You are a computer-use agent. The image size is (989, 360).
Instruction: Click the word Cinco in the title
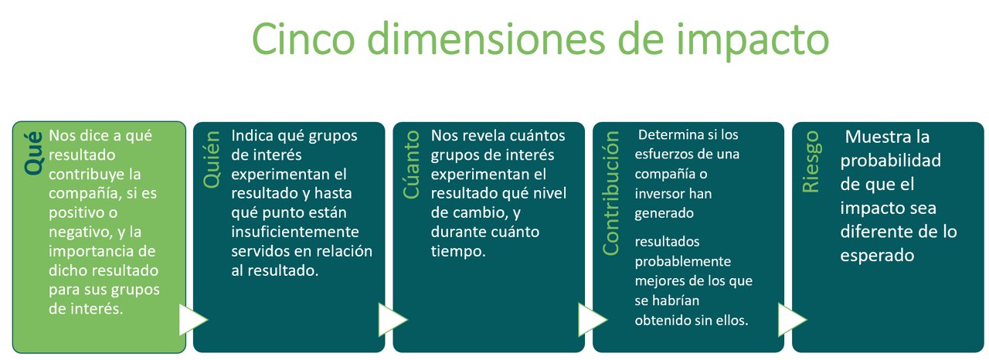tap(304, 39)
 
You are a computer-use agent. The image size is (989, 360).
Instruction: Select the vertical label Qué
tap(33, 153)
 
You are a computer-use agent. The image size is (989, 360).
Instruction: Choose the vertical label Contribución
tap(611, 193)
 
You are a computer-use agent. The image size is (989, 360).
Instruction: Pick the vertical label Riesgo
tap(811, 161)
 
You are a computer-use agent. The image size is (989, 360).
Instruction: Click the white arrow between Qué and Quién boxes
tap(193, 319)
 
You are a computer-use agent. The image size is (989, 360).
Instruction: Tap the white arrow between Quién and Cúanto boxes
tap(393, 319)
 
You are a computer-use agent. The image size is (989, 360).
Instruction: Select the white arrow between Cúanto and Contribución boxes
tap(593, 319)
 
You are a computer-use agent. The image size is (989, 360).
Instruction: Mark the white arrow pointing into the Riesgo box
tap(792, 319)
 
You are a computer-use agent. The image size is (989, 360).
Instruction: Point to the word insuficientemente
tap(295, 232)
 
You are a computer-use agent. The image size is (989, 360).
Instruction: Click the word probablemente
tap(682, 262)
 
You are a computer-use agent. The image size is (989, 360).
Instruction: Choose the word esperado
tap(877, 256)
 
